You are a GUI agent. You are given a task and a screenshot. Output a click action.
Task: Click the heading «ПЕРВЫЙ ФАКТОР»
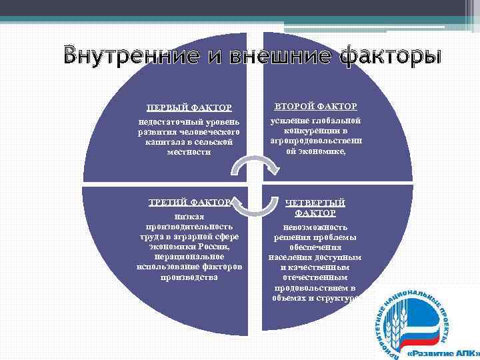189,107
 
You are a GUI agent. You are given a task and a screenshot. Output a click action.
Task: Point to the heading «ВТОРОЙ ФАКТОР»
316,106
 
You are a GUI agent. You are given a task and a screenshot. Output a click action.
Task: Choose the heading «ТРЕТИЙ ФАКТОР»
189,202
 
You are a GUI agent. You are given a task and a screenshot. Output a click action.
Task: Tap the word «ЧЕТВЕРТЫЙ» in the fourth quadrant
315,203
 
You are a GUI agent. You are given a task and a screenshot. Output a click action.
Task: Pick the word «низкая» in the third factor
189,217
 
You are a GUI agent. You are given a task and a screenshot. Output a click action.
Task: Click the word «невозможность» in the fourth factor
315,227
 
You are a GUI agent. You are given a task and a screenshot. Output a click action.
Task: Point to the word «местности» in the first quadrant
189,152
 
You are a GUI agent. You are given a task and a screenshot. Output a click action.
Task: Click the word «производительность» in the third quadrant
189,227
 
